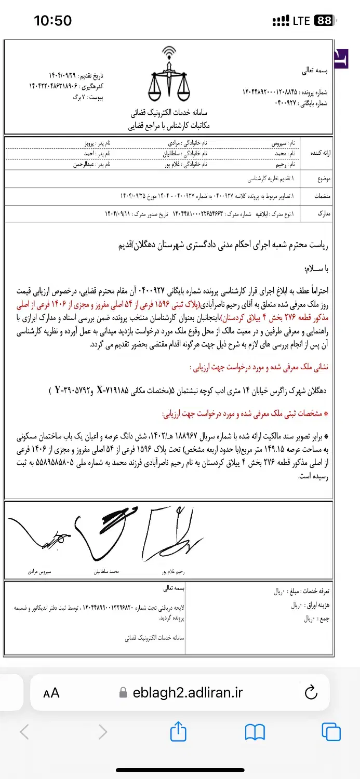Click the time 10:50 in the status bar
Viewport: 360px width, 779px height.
52,21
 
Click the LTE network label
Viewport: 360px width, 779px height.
301,21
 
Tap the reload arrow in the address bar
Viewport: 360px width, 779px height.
310,692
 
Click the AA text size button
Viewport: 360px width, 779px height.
51,692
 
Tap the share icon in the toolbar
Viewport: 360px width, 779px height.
178,732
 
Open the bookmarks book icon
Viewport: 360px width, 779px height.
255,732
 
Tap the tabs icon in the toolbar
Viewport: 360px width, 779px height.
331,732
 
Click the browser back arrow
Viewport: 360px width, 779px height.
24,732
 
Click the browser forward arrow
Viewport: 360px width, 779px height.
102,732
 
